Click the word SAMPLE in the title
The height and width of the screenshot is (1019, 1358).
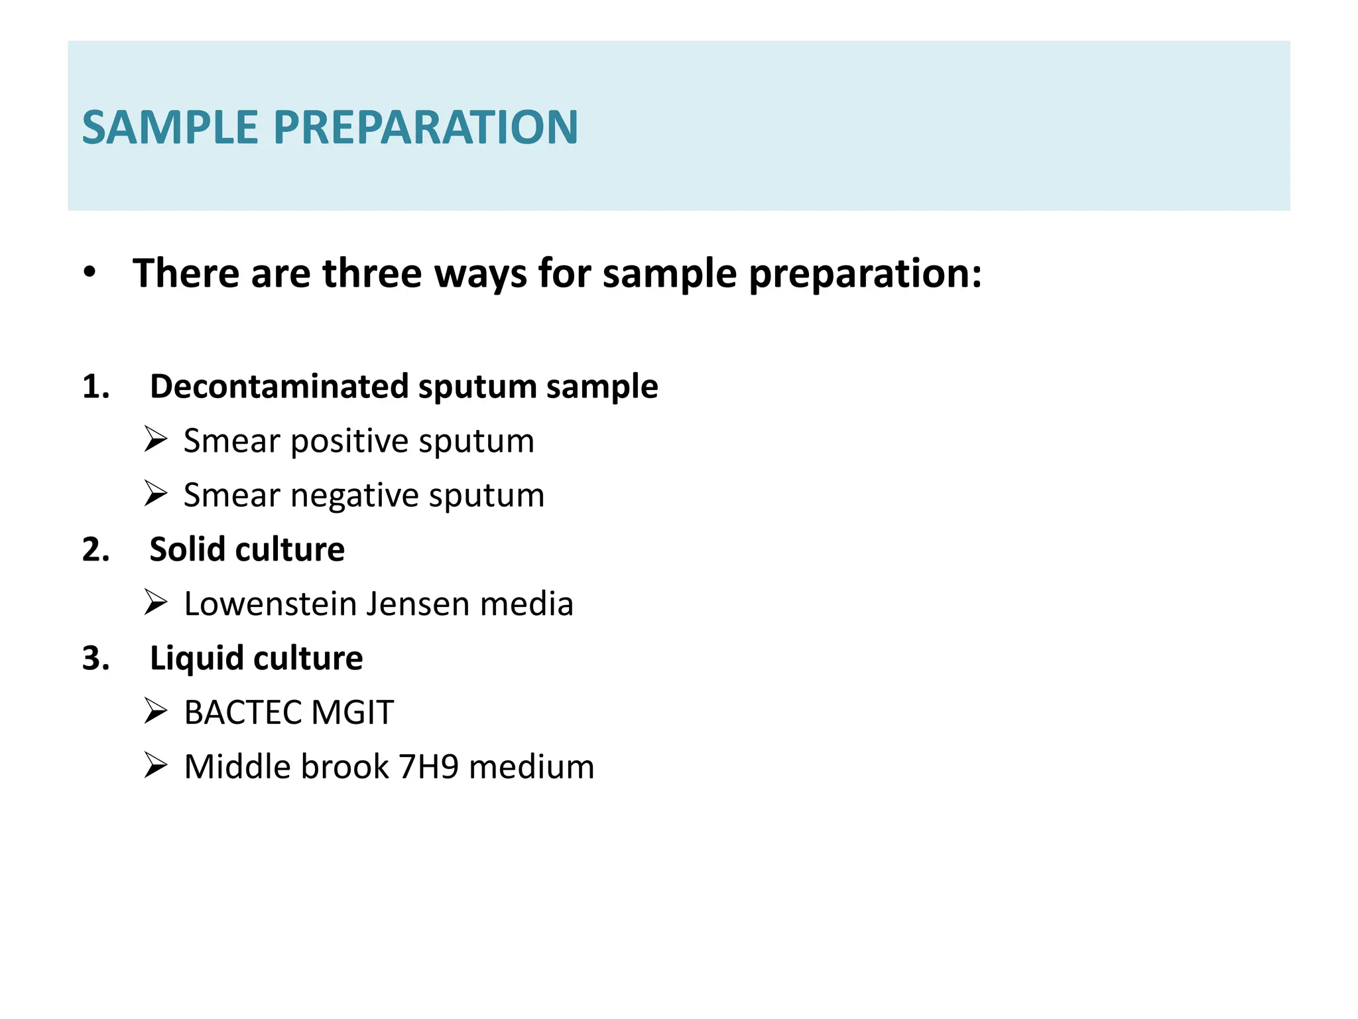point(170,127)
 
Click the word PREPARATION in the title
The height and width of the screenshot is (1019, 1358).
point(426,127)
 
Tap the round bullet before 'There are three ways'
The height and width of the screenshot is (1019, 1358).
point(90,273)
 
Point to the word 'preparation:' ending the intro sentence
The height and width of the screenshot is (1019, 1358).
point(865,274)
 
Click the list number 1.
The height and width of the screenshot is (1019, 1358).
point(95,386)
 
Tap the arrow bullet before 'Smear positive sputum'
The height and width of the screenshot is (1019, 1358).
point(155,440)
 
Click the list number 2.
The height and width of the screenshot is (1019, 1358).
point(95,549)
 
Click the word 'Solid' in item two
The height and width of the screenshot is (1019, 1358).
point(187,549)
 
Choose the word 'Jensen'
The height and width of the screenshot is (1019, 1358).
point(417,604)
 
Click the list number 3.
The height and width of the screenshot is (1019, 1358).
point(95,658)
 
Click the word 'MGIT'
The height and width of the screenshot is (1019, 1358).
point(353,713)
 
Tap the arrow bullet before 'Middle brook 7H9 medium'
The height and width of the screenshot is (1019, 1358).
point(155,766)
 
